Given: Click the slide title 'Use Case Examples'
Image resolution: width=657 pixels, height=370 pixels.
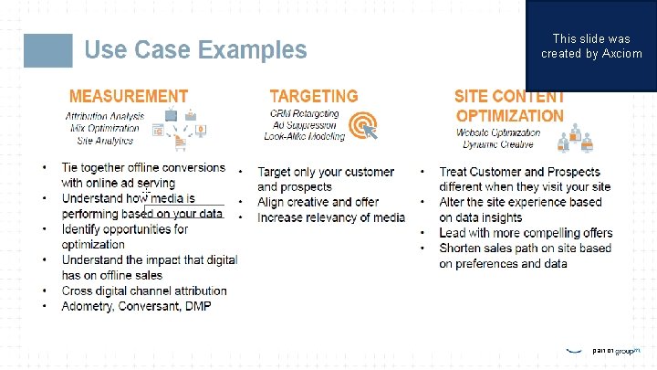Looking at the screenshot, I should [195, 49].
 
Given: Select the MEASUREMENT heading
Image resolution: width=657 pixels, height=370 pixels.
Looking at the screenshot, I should [129, 96].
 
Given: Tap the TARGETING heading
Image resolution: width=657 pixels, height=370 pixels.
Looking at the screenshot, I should [314, 96].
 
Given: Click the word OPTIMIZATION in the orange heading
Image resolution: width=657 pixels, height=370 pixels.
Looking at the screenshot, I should [509, 116].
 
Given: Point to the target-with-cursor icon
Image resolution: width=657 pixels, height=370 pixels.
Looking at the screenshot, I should [364, 124].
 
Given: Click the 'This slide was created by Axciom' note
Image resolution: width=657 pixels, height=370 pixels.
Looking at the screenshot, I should [591, 47].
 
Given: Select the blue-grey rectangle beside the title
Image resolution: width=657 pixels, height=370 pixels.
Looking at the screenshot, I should [47, 50].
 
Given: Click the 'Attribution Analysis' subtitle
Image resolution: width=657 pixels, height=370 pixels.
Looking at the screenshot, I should [106, 116].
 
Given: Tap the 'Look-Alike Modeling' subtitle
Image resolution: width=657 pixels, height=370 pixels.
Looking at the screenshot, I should [305, 136].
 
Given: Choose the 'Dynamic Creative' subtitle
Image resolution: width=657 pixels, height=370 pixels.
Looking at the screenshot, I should [498, 145].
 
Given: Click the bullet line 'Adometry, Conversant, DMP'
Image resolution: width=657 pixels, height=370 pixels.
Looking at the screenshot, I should [136, 306].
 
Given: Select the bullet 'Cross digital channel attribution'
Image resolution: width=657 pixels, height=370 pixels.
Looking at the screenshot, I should [144, 291].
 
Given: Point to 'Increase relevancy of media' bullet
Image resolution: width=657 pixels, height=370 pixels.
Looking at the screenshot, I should [330, 217].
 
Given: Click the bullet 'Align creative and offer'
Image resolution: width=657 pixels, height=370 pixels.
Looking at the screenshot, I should [318, 202].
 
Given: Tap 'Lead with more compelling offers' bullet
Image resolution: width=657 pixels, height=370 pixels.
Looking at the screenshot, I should [526, 233].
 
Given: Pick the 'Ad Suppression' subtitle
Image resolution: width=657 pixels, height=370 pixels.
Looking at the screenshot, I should [305, 124].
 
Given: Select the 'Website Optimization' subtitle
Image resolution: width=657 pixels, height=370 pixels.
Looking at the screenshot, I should [498, 132].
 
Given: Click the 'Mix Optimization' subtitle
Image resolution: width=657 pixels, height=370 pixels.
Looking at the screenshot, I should [106, 128].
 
